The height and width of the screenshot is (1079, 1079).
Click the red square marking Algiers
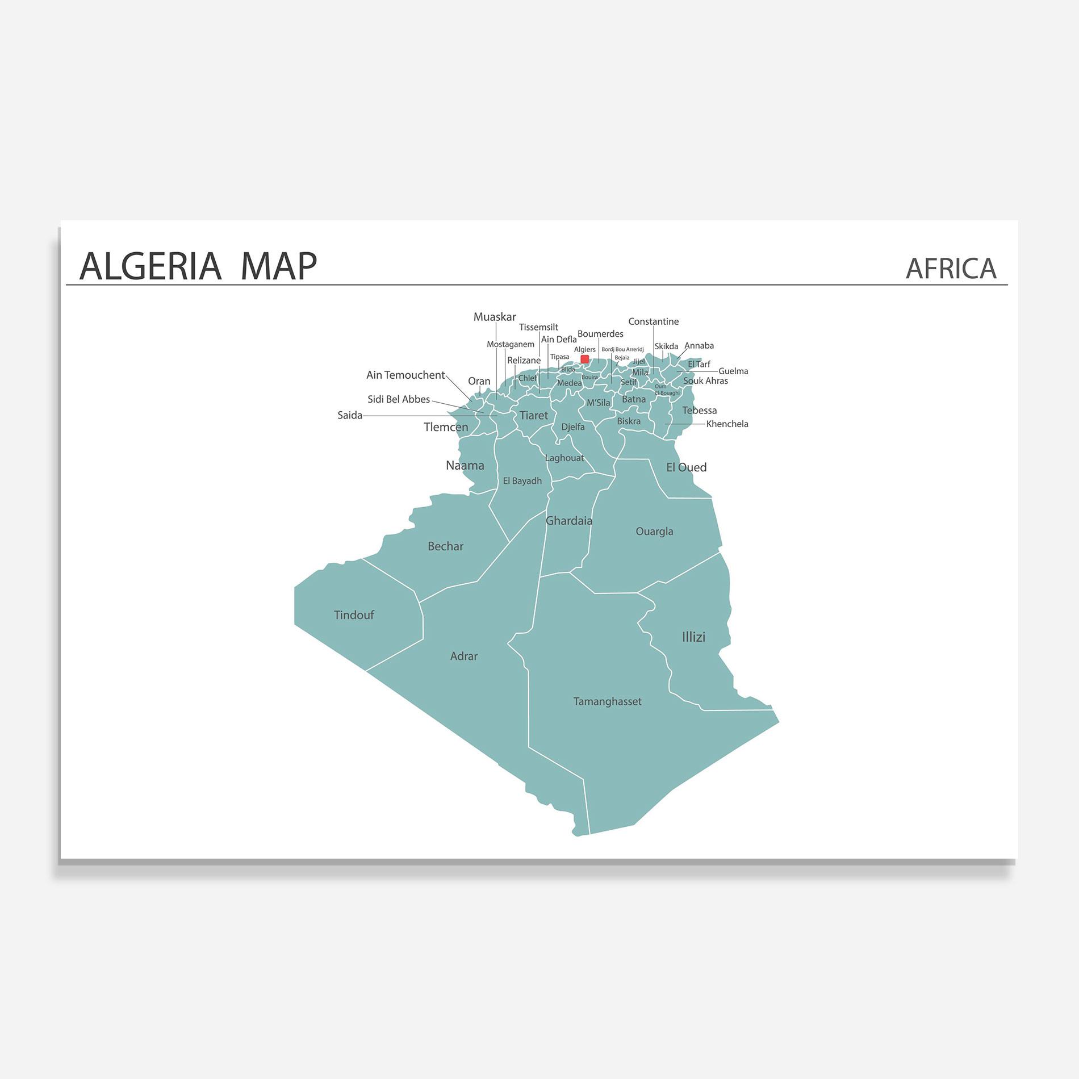584,359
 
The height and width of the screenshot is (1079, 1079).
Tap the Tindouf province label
354,615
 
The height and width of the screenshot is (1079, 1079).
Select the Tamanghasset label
607,701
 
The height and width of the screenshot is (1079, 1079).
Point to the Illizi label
693,637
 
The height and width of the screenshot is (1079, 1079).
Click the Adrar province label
463,656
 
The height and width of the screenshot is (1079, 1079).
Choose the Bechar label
445,546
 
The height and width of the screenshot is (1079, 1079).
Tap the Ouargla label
654,532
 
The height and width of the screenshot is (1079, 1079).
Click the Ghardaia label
568,521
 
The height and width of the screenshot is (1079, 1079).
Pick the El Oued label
686,467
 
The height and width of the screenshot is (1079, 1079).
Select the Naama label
465,466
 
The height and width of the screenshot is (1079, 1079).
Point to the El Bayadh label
522,481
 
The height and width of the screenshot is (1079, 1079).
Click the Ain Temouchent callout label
405,375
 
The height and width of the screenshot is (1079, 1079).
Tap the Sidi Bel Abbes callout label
398,399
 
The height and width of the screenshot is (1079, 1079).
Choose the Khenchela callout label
727,424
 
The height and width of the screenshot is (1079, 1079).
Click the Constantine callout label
653,321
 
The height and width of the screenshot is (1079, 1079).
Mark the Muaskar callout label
495,317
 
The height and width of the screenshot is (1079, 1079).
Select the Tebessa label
699,411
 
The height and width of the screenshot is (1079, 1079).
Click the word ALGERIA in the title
150,266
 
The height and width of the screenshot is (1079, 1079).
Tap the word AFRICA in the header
951,269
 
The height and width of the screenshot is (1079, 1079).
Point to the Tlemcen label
446,427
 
